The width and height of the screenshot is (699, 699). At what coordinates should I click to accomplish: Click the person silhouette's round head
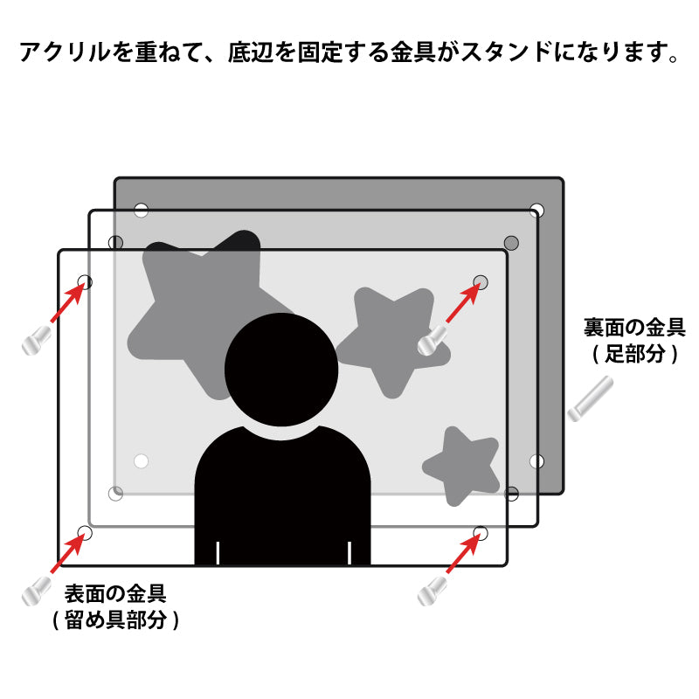281,370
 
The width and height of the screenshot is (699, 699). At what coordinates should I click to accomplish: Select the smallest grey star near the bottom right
461,467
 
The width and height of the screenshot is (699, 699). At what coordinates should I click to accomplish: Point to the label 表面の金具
115,593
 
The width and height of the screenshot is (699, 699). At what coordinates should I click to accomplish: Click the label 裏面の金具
634,328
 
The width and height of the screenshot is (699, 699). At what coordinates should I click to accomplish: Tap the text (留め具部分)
115,619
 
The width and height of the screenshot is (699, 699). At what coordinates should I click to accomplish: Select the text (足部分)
635,354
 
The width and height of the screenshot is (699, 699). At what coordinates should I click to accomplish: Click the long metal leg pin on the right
591,399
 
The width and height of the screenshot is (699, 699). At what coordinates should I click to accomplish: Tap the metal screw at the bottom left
36,592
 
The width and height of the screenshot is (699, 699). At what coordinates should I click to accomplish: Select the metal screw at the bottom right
432,592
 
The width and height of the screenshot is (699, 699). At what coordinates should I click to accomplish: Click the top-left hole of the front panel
85,282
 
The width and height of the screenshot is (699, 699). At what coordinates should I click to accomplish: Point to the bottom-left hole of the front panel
85,533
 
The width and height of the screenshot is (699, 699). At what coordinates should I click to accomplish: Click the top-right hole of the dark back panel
536,210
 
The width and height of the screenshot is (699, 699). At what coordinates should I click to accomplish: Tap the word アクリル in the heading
65,52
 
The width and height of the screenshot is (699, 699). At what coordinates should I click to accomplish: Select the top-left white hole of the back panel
141,210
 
